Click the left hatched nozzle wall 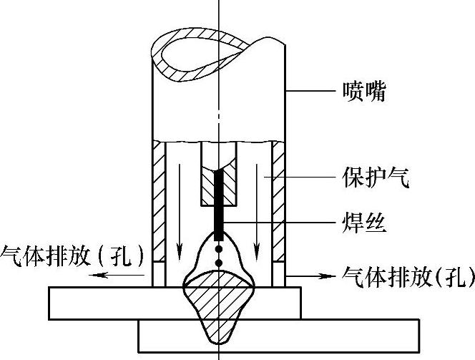click(160, 200)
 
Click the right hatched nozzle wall click(279, 200)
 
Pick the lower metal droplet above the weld click(218, 263)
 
